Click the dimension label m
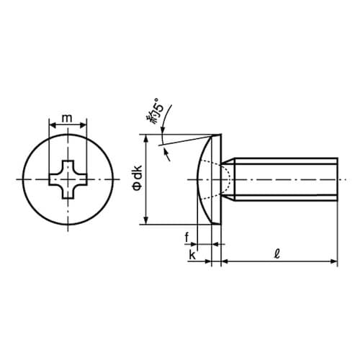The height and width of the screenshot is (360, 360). pos(67,118)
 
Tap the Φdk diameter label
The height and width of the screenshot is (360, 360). pos(138,178)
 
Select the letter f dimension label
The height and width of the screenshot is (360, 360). pos(186,238)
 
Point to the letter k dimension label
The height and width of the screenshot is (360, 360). pos(192,256)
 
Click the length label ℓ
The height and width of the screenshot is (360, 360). pos(278,254)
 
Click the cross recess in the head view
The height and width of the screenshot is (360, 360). pos(68,180)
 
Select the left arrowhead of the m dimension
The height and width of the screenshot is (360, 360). pos(53,125)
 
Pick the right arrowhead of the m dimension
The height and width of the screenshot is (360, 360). pos(83,125)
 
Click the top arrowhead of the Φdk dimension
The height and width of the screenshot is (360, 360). pos(146,138)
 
